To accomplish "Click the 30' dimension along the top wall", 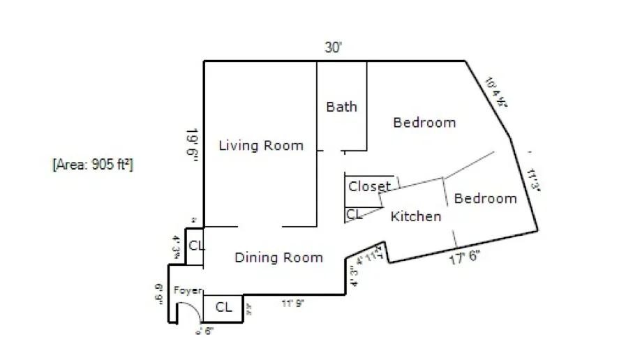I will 334,48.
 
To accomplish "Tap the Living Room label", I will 261,146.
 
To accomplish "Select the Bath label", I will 341,107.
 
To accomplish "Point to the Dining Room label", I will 278,258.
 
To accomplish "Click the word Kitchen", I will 415,217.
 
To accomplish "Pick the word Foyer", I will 187,291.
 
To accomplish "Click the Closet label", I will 369,186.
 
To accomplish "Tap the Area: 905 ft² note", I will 93,165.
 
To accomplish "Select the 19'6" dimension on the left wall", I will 192,145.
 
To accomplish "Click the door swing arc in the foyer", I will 191,311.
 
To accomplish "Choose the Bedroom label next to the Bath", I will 424,123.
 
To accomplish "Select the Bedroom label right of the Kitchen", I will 485,199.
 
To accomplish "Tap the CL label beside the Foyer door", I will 223,307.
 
